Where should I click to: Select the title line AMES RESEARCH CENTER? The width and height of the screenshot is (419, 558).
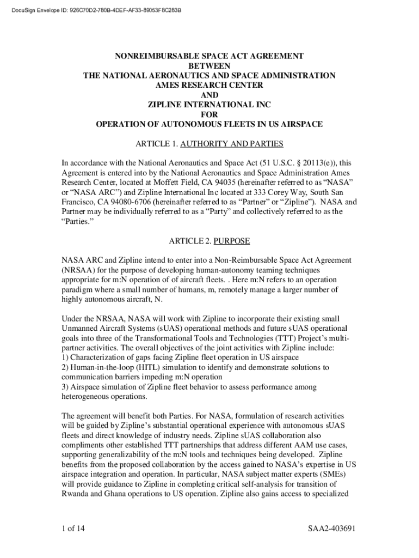point(209,85)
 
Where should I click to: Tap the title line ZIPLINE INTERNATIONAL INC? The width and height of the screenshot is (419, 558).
point(209,105)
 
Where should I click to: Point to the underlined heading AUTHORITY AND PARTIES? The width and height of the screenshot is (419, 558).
point(231,144)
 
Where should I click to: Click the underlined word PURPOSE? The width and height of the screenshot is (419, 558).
point(231,241)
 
